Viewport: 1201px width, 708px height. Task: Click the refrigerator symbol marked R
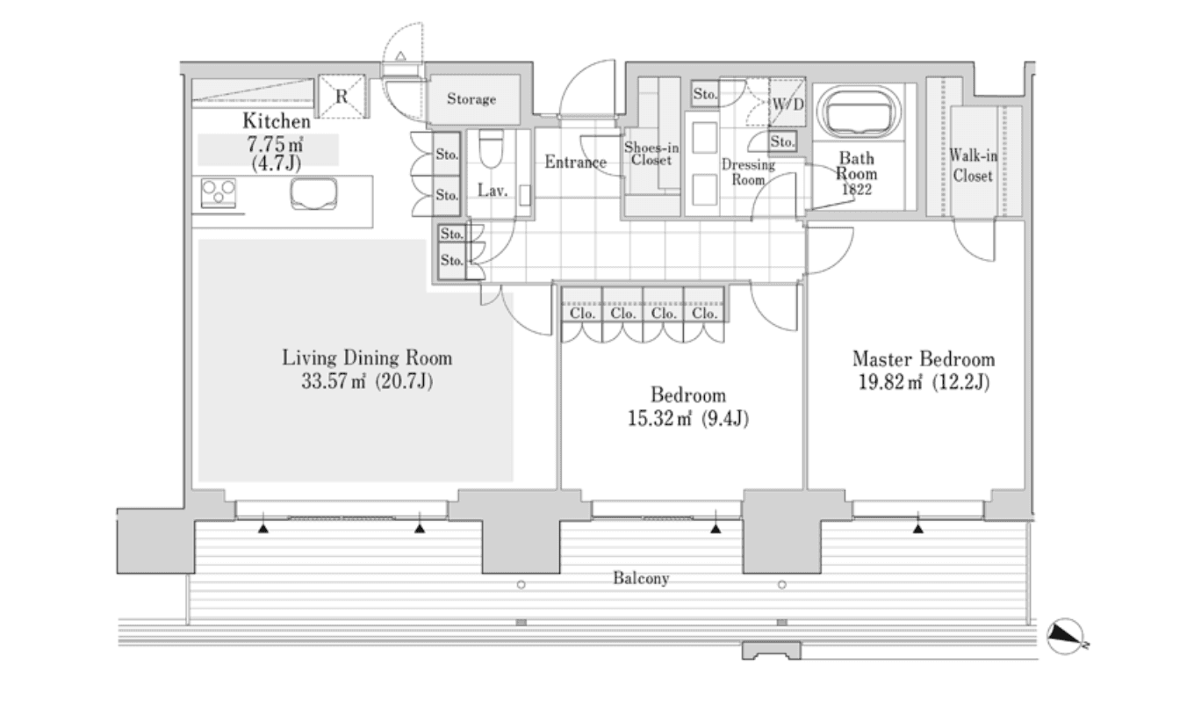[341, 96]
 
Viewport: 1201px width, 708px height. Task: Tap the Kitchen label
[277, 122]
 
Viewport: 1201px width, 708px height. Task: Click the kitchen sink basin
[314, 192]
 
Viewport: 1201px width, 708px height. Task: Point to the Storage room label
[471, 99]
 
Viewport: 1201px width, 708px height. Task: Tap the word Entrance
[575, 163]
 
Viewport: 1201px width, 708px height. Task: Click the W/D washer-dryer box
[787, 105]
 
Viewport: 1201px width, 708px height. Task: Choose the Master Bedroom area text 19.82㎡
[892, 382]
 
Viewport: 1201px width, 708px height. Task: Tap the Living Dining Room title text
[367, 358]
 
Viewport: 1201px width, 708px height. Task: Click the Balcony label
[641, 579]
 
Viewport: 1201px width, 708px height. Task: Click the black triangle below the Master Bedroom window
[917, 529]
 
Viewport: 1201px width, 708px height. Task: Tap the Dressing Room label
[748, 171]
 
